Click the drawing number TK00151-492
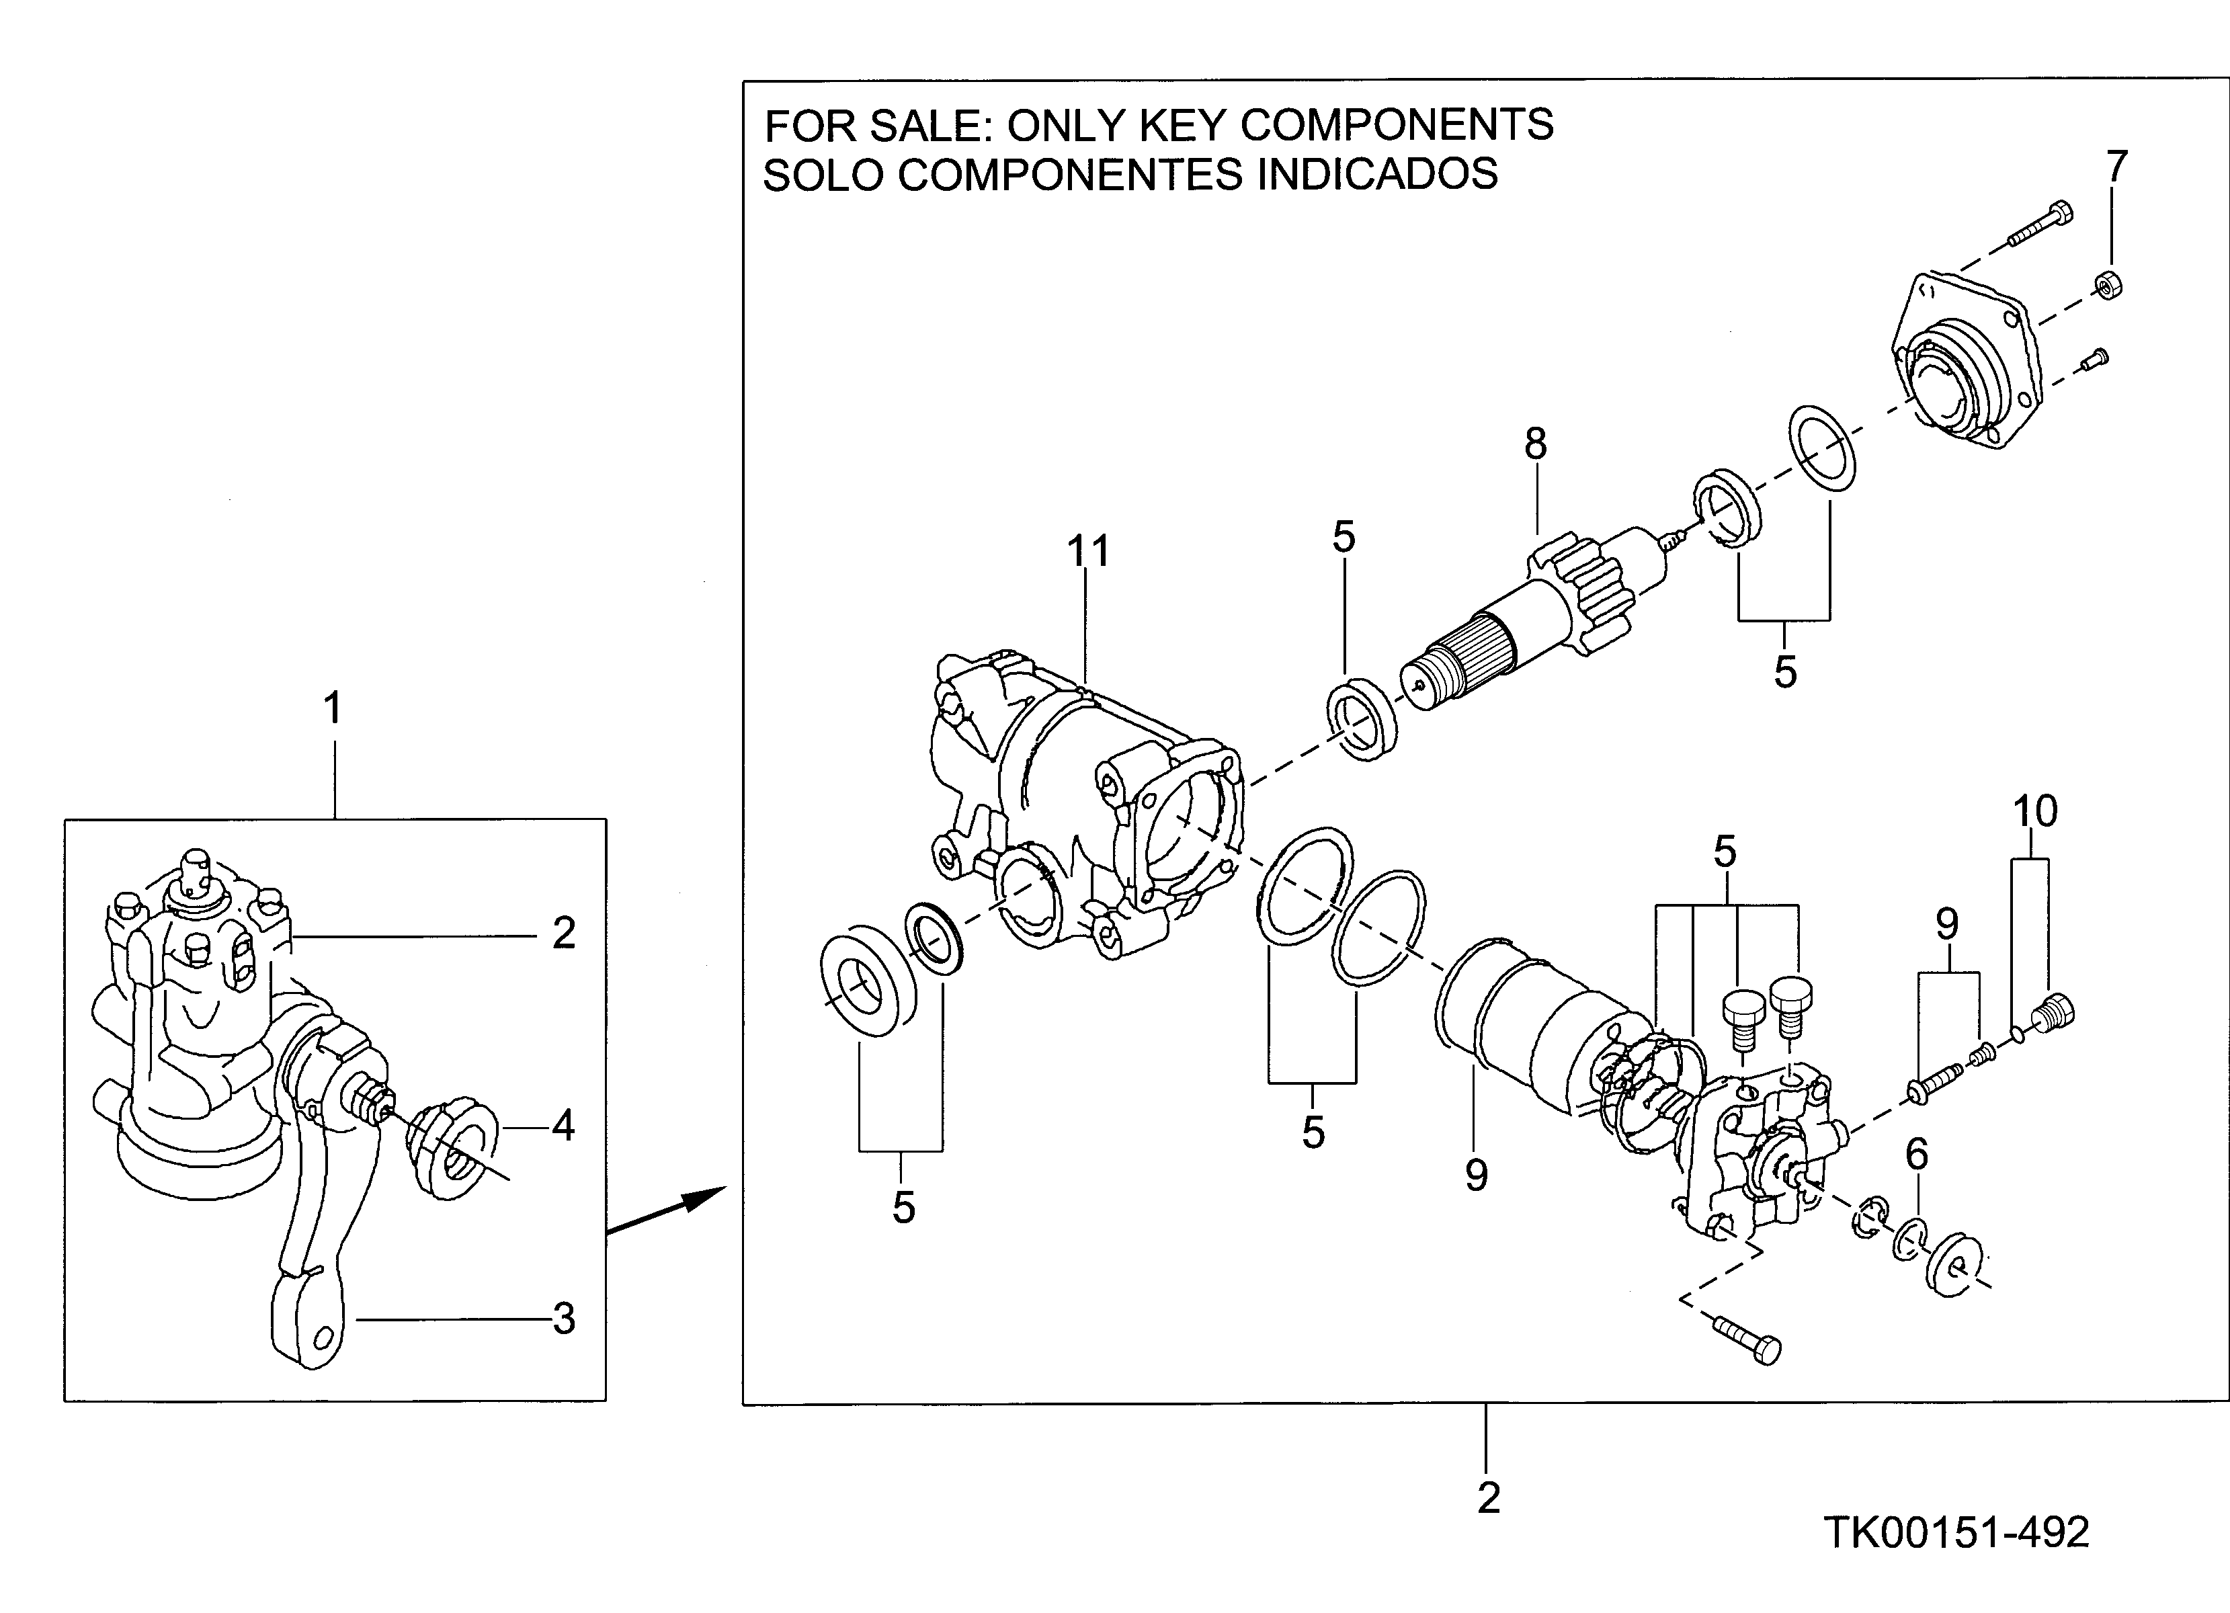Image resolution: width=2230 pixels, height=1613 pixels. [1956, 1532]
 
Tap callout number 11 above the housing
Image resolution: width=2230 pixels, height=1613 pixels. [1089, 551]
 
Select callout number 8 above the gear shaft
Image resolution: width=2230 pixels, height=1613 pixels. [1535, 444]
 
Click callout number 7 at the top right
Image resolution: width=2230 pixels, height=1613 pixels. [2116, 167]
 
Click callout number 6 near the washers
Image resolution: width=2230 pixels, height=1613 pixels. [1916, 1155]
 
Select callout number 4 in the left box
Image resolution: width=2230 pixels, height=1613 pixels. [563, 1126]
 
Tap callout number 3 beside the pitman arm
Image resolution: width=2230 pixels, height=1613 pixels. [563, 1319]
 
